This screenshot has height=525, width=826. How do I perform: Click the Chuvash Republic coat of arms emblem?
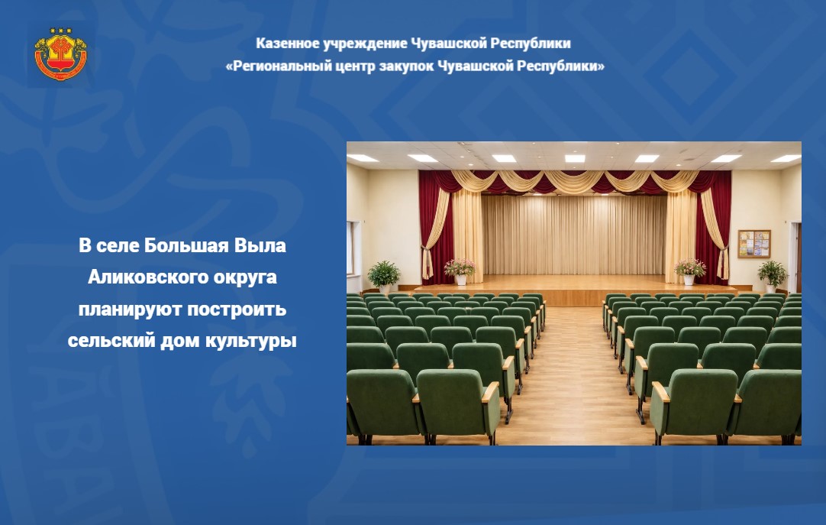[60, 54]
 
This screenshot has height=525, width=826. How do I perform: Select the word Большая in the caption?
[186, 245]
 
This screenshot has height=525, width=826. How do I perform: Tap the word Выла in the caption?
[260, 245]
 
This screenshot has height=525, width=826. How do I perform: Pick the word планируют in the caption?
[130, 309]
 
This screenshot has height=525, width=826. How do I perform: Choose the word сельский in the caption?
[111, 341]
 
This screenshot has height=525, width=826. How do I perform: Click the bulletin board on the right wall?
[753, 244]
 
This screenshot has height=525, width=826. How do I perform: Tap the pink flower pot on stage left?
[460, 271]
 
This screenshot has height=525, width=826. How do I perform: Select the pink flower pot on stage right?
[689, 271]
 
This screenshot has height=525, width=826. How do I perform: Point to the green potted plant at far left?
[383, 277]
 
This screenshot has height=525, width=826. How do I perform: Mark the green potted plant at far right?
[773, 276]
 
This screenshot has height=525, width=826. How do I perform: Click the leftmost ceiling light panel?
[363, 158]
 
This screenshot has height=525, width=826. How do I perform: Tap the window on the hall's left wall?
[350, 248]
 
